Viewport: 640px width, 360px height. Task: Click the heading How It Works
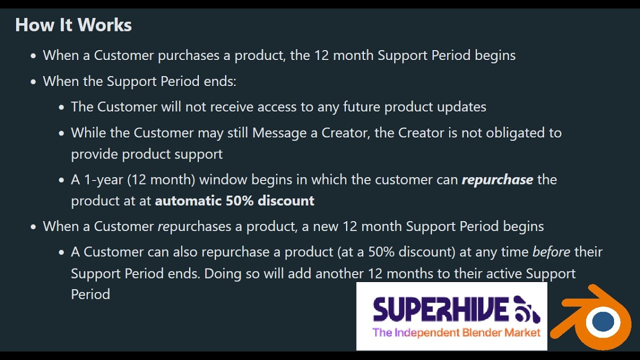point(73,25)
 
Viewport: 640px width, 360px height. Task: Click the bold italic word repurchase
point(497,179)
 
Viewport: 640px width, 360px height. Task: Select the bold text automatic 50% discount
point(234,200)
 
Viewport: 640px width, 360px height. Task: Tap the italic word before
point(551,251)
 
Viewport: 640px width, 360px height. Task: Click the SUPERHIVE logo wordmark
point(440,308)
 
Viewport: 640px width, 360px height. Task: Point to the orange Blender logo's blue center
point(602,321)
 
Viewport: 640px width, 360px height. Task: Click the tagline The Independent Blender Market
point(456,332)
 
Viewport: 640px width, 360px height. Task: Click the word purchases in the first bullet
point(188,55)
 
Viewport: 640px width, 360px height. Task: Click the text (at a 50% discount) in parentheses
point(396,251)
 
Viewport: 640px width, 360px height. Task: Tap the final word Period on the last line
point(90,294)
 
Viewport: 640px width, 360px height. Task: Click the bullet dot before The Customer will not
point(61,107)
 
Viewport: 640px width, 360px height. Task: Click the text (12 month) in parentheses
point(165,179)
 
